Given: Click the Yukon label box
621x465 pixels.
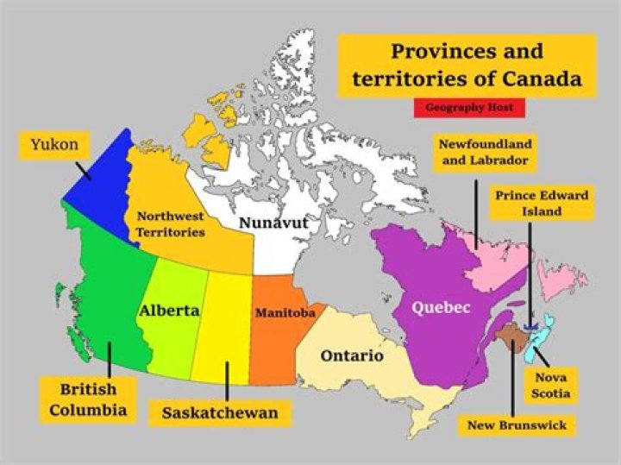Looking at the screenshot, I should tap(53, 145).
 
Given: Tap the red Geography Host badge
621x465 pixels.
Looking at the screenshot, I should tap(469, 108).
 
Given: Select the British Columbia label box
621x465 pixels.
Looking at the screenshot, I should tap(88, 399).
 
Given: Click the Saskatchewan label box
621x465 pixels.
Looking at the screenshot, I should tap(220, 413).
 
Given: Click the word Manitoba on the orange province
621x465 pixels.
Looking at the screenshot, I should tap(284, 312).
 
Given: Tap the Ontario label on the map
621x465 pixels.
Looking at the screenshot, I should tap(351, 355).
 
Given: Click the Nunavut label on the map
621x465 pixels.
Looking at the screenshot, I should tap(273, 223).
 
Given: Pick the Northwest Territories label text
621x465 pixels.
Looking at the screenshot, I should tap(171, 224).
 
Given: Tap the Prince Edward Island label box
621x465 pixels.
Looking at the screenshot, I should tap(541, 203).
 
